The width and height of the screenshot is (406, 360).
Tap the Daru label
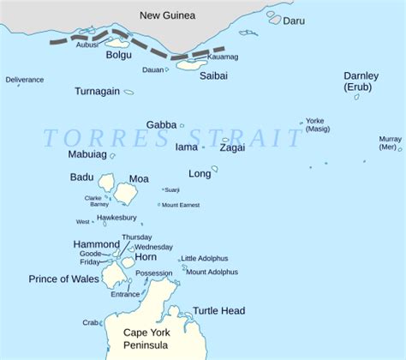point(295,19)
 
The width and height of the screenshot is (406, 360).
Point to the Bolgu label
point(118,56)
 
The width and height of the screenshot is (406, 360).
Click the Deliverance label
point(25,80)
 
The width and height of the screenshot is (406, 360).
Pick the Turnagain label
point(97,91)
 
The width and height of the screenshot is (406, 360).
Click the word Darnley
point(361,76)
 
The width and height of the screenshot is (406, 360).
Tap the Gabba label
point(161,124)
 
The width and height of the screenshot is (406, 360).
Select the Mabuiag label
point(87,155)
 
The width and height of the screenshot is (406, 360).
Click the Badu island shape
point(106,182)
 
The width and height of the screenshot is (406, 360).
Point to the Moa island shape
point(127,194)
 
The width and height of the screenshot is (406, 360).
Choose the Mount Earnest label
point(182,205)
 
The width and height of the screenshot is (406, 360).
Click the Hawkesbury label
point(116,218)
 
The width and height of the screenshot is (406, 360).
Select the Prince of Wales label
point(64,279)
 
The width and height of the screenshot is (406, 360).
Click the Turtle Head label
point(219,311)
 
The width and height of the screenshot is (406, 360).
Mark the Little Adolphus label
point(206,258)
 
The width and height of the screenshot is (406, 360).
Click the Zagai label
point(232,147)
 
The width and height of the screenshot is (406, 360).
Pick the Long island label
point(200,174)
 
